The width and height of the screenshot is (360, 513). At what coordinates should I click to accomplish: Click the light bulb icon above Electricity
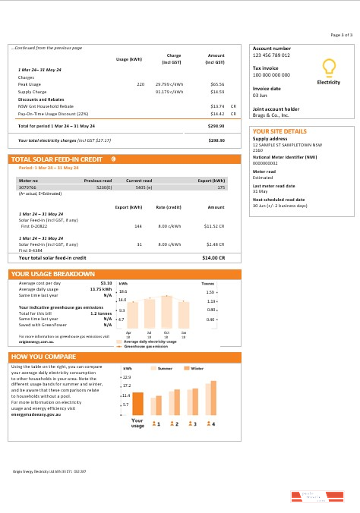(328, 68)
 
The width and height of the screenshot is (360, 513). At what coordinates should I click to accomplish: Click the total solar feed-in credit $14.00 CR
(215, 237)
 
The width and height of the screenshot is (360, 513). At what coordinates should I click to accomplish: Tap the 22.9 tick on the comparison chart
(127, 376)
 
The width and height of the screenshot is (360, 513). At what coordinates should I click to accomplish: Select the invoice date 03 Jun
(260, 96)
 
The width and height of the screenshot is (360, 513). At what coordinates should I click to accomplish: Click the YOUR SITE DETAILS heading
(279, 131)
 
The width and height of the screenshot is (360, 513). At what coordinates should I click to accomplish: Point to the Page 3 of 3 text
(341, 35)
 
